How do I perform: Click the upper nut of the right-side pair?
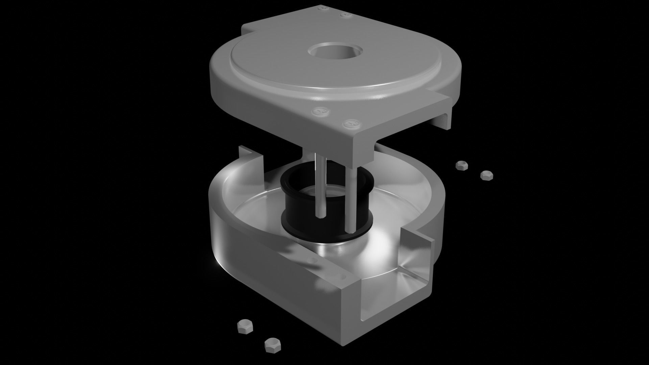click(460, 165)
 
